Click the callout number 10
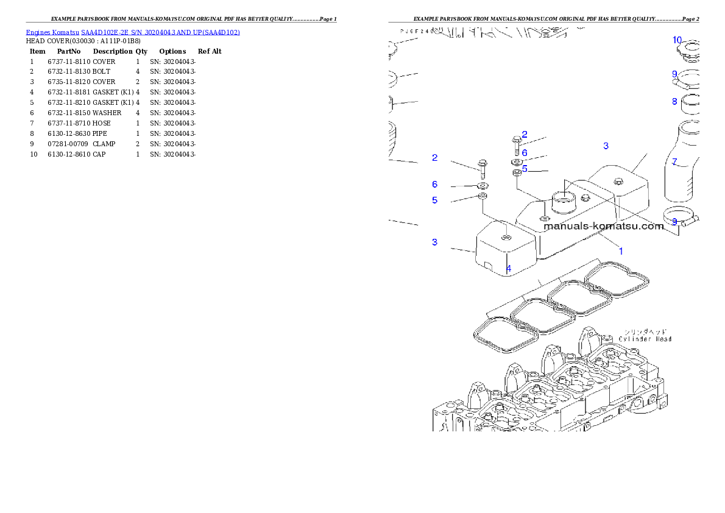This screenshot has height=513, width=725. click(x=677, y=40)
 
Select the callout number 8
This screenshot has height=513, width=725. click(x=674, y=102)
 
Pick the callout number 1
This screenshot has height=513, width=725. click(x=621, y=250)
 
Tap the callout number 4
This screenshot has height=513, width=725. click(x=509, y=268)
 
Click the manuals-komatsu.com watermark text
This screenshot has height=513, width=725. click(x=603, y=226)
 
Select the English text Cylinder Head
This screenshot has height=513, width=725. click(x=645, y=339)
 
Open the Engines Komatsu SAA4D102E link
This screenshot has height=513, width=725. click(x=133, y=32)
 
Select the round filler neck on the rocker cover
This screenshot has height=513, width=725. click(x=562, y=200)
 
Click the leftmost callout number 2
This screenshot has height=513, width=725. click(x=434, y=158)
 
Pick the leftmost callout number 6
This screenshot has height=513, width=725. click(x=434, y=184)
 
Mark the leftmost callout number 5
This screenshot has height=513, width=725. click(x=434, y=200)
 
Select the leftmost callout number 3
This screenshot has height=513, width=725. click(x=434, y=242)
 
